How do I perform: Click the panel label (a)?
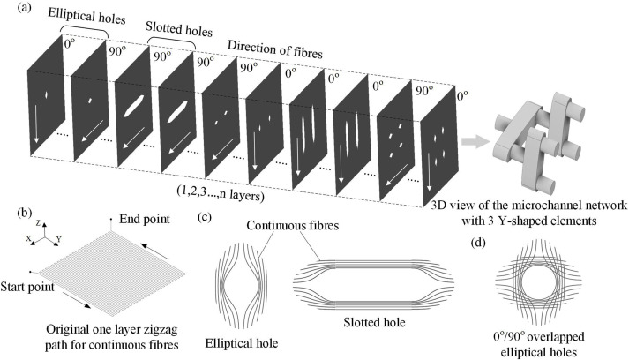[x=15, y=11]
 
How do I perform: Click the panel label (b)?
[x=15, y=212]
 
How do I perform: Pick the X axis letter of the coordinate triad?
[x=29, y=239]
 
